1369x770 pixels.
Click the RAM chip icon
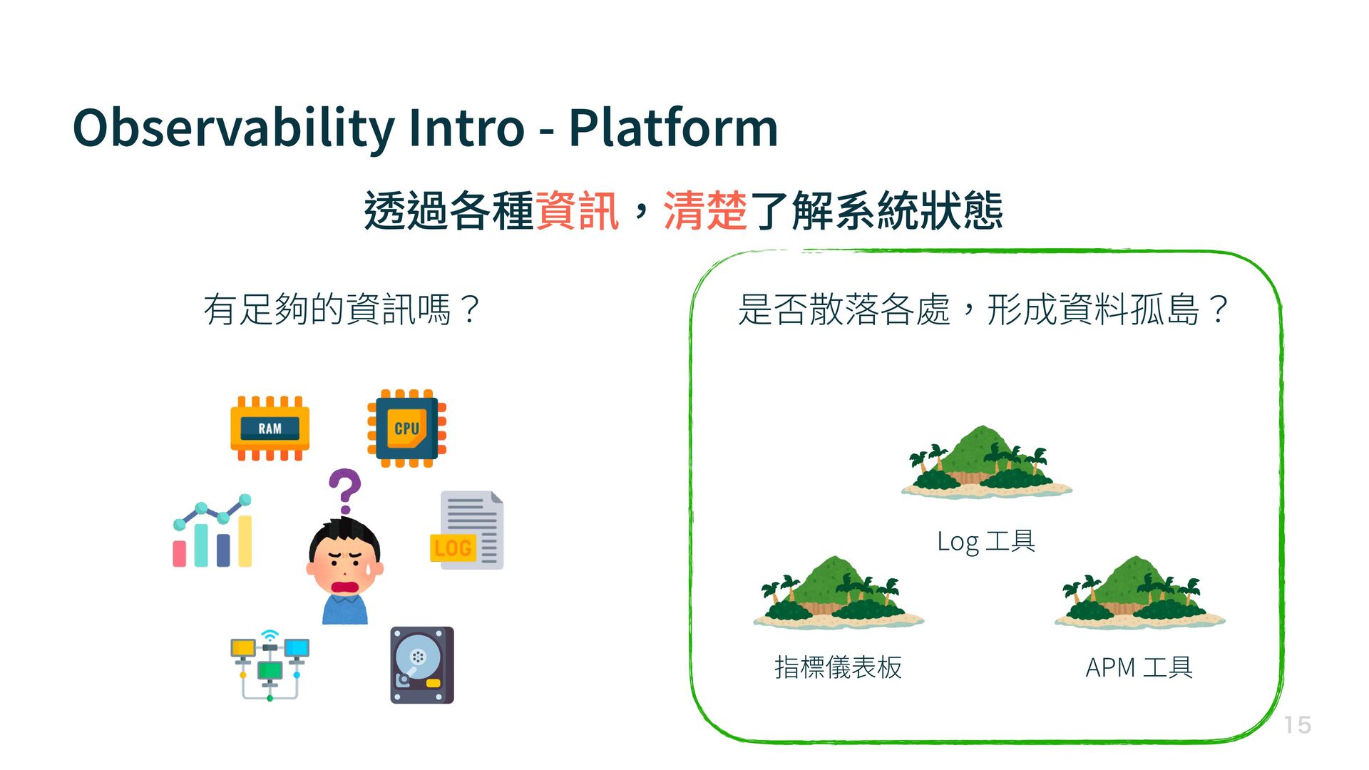[x=270, y=428]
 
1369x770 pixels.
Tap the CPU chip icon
[x=406, y=428]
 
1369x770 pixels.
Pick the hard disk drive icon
[x=422, y=664]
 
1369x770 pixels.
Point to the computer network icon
[x=270, y=664]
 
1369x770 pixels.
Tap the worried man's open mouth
[x=346, y=587]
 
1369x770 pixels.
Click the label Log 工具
[x=986, y=541]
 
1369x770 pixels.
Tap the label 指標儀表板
[x=839, y=668]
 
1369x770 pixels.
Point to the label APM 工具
[x=1139, y=668]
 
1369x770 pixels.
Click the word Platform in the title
[x=672, y=128]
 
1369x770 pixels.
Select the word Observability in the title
[x=233, y=128]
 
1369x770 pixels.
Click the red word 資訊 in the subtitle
[x=577, y=211]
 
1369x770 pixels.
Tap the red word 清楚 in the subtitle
[x=705, y=211]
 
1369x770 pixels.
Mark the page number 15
[x=1298, y=725]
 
